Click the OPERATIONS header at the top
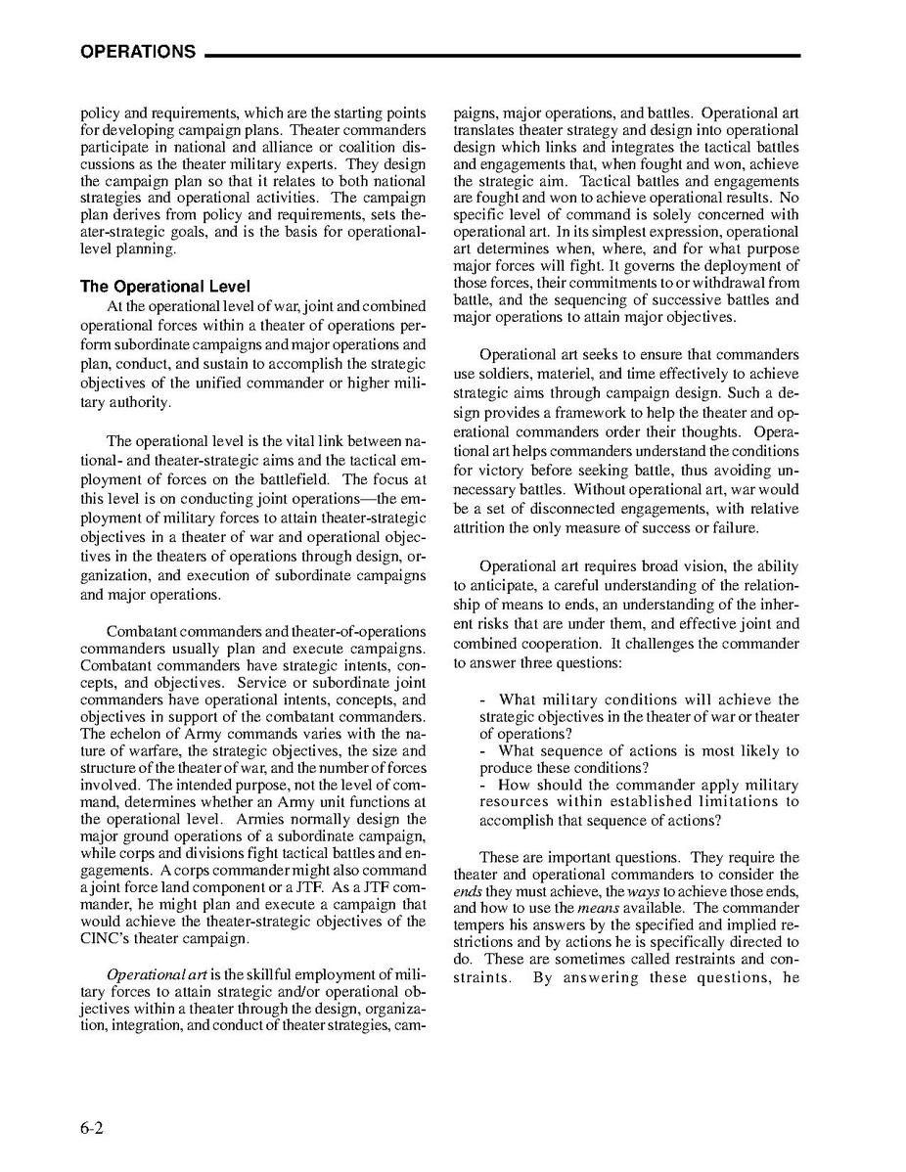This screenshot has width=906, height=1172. [x=138, y=52]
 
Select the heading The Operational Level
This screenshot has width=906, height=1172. [x=165, y=287]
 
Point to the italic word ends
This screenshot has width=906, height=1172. [x=468, y=891]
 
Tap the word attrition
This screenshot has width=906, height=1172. [x=483, y=528]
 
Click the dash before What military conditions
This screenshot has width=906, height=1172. [x=484, y=699]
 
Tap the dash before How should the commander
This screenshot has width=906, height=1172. [x=484, y=785]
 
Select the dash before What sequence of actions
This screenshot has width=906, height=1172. [x=484, y=750]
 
